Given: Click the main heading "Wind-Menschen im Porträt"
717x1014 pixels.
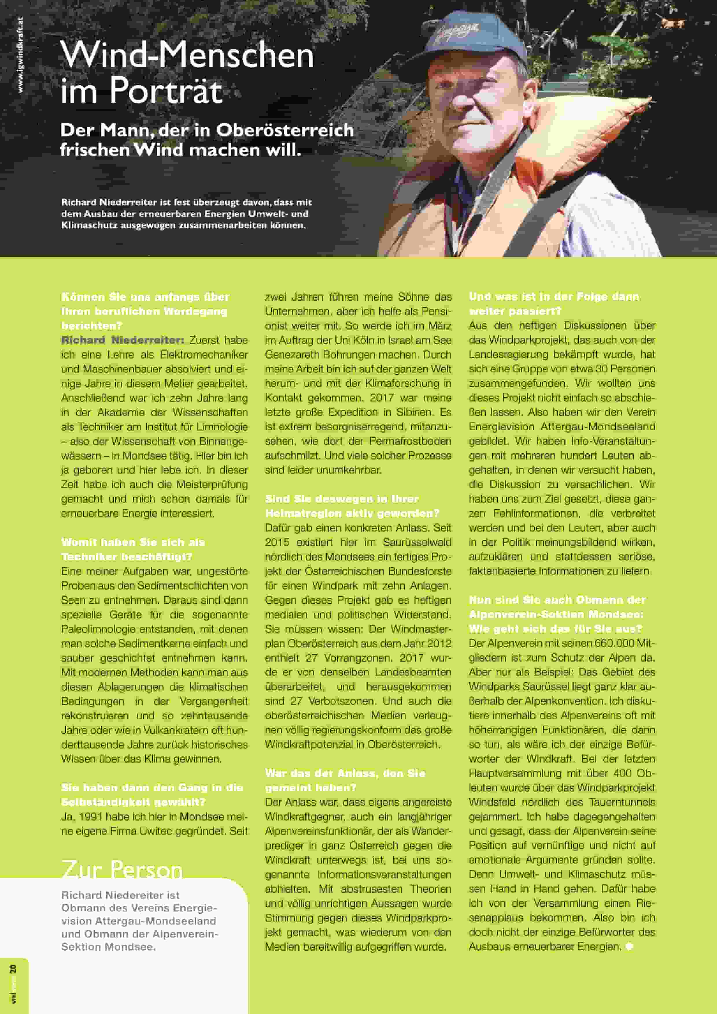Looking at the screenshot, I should coord(187,73).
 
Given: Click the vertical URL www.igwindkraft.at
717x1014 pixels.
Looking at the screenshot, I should coord(20,55).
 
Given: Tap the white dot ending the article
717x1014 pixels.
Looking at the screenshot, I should coord(629,946).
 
